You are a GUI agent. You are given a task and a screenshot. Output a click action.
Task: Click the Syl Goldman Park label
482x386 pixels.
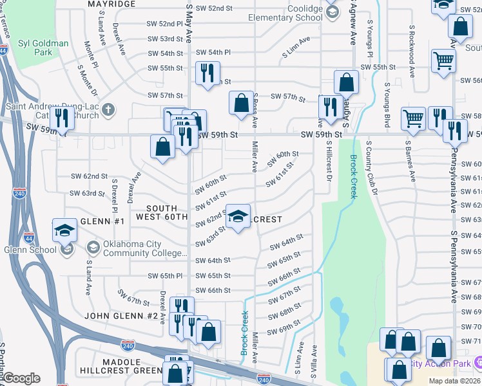[43, 48]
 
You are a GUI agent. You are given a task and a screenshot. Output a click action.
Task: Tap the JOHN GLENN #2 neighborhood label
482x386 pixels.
[120, 316]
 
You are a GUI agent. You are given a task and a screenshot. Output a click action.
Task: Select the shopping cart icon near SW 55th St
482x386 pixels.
[444, 61]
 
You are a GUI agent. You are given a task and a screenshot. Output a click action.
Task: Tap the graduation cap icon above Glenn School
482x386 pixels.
[65, 230]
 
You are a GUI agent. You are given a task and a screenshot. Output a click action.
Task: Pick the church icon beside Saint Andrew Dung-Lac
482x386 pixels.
[108, 108]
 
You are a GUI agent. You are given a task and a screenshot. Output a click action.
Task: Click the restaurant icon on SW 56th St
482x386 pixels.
[207, 73]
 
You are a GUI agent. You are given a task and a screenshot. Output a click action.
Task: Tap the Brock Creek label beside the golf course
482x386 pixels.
[353, 176]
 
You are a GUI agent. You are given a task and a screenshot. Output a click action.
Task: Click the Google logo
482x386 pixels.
[22, 378]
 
